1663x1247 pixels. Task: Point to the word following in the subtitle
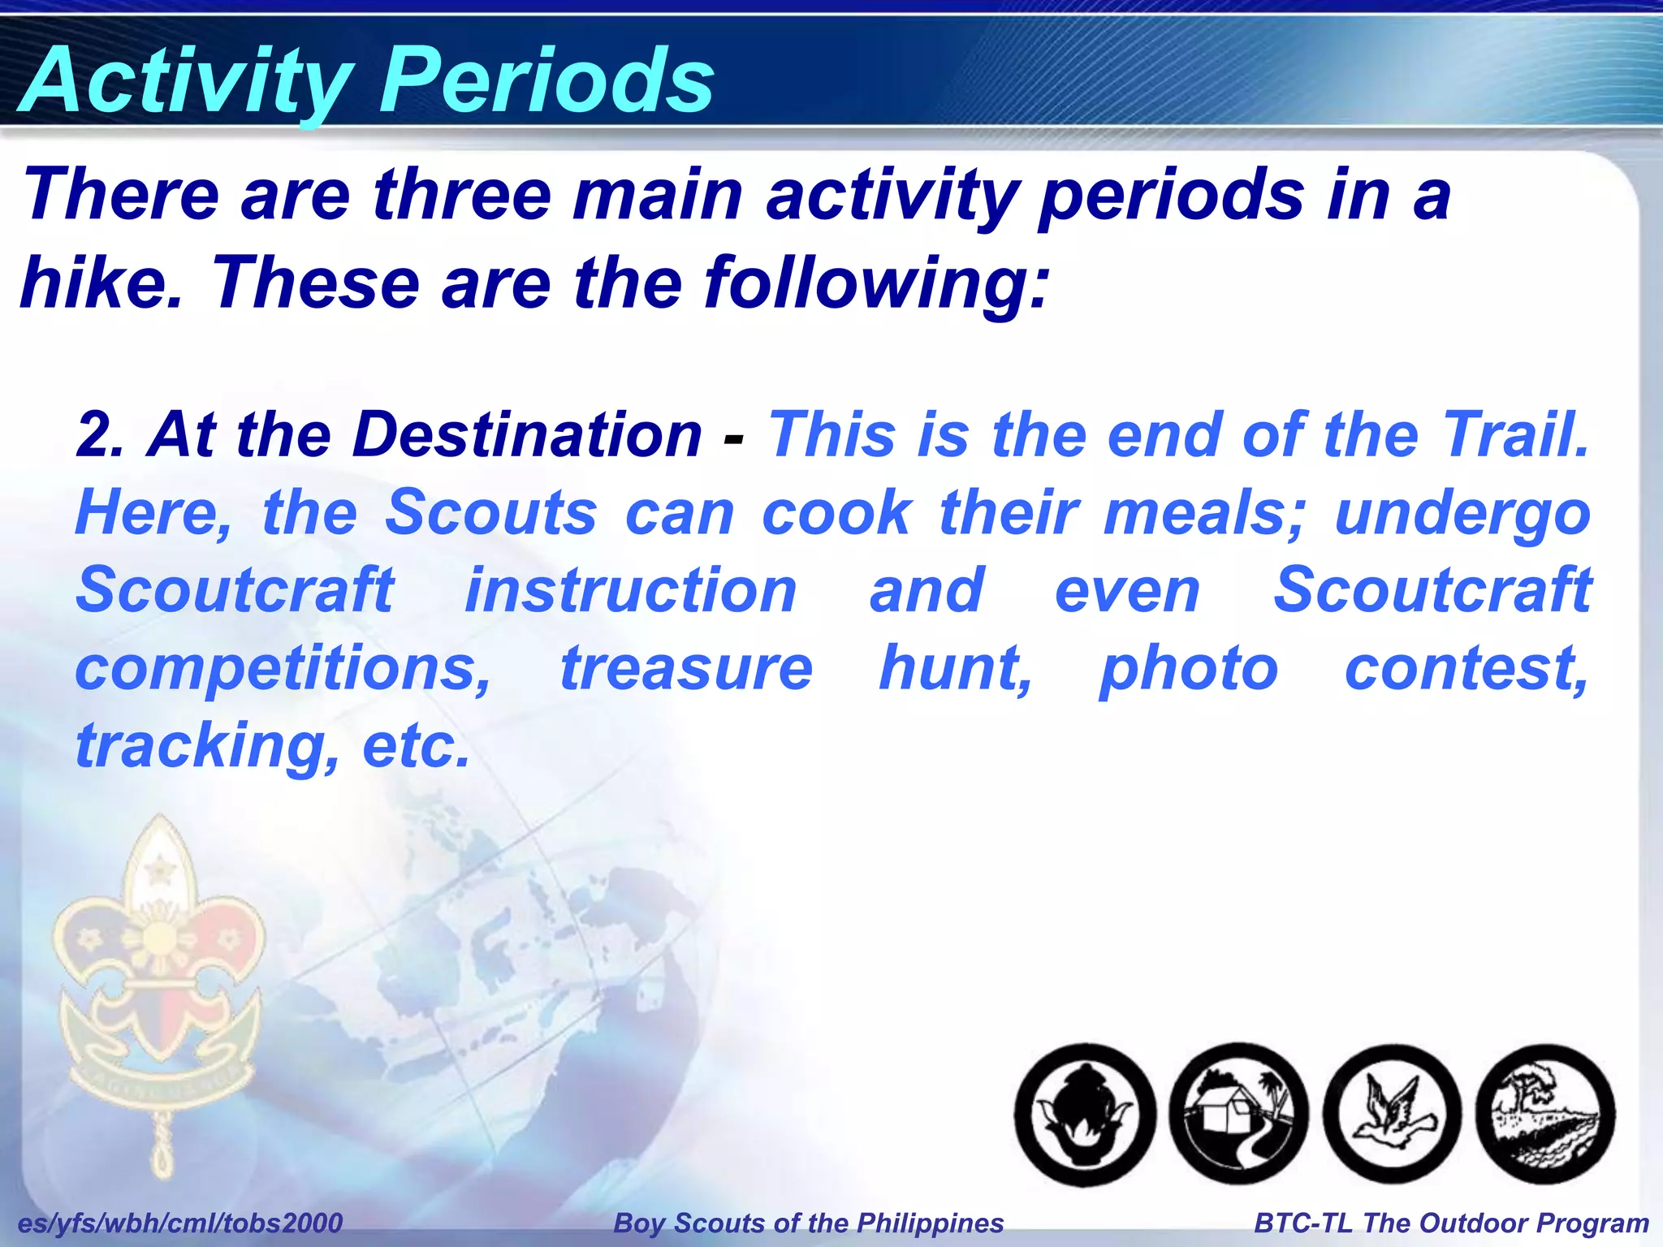[x=875, y=284]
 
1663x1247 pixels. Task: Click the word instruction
[x=630, y=590]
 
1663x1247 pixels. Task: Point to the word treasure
[x=686, y=668]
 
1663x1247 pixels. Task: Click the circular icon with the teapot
[x=1085, y=1114]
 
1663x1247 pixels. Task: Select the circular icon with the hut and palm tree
[x=1238, y=1114]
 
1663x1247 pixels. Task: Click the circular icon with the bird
[x=1392, y=1114]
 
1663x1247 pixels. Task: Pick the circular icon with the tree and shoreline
[x=1544, y=1114]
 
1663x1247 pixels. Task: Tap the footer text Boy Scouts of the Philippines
[x=809, y=1223]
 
